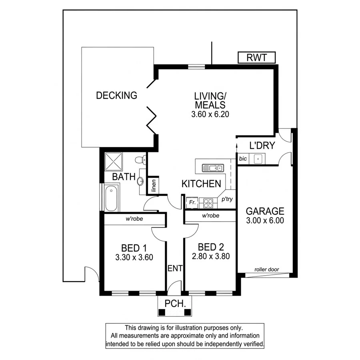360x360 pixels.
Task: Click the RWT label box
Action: tap(256, 58)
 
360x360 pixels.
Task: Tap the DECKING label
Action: tap(116, 96)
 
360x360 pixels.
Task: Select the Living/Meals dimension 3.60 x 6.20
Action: tap(210, 114)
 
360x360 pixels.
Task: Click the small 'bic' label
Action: tap(243, 159)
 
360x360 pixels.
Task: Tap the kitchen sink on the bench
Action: tap(212, 168)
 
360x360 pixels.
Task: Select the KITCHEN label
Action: tap(201, 184)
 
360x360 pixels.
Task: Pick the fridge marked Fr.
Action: tap(192, 203)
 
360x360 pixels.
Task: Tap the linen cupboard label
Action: tap(154, 185)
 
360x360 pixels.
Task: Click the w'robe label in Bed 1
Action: tap(134, 219)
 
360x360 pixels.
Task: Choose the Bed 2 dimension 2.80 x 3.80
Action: tap(210, 257)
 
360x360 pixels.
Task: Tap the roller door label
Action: tap(267, 270)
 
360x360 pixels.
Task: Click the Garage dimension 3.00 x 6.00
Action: tap(265, 220)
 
